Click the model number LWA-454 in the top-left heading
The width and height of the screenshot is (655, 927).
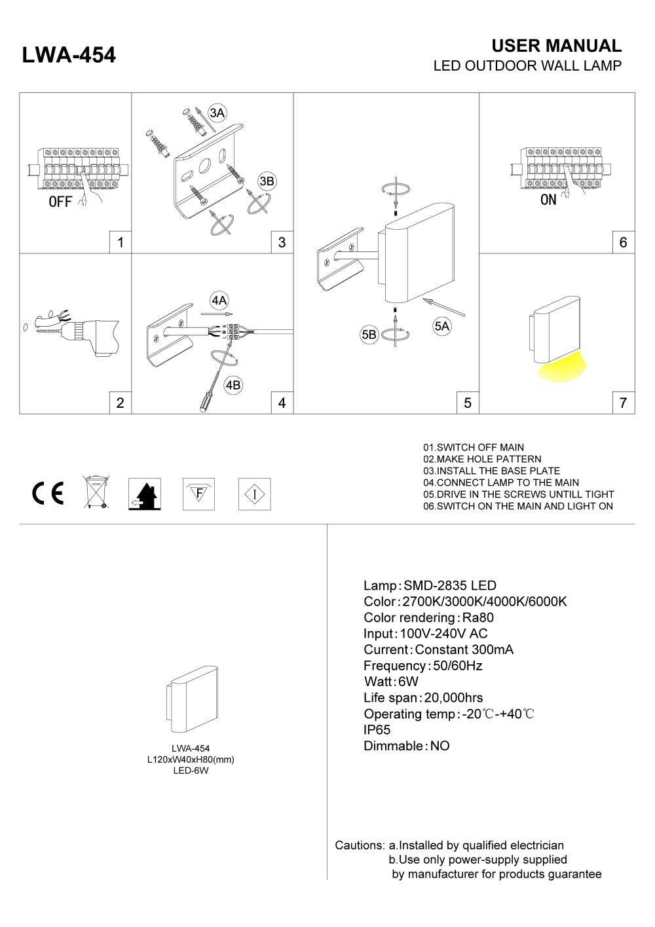pos(69,56)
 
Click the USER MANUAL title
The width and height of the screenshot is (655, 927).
pos(556,46)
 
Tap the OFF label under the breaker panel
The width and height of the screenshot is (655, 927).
pos(60,202)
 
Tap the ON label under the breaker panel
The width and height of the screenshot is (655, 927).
pos(548,200)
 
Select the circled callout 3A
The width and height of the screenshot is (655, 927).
pos(217,113)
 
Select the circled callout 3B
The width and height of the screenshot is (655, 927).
pos(267,181)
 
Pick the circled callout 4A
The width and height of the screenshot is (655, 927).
pos(219,300)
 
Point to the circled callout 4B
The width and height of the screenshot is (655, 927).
pos(233,386)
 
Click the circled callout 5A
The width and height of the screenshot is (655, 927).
pos(442,326)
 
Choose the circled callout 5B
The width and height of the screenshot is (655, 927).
pos(369,335)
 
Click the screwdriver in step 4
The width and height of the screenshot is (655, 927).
pos(207,395)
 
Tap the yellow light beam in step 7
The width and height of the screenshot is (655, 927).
pos(562,369)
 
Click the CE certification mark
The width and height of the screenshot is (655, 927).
pos(48,493)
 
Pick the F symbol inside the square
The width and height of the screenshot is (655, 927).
pos(198,493)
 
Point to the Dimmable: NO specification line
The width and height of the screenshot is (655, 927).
pos(406,746)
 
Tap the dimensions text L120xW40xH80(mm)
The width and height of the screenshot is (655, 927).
pos(191,759)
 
